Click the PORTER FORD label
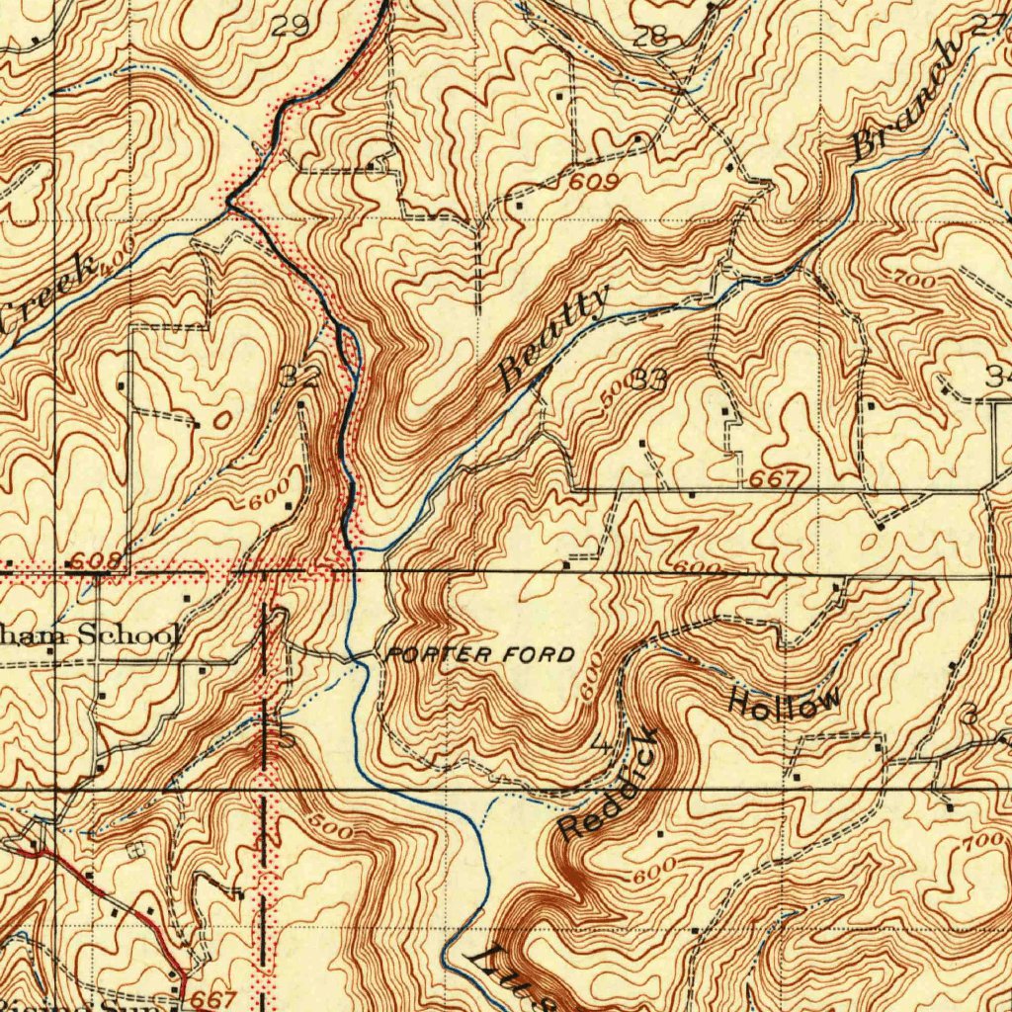pos(481,654)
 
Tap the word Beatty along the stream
pos(553,336)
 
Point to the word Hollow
pos(786,702)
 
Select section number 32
pos(299,377)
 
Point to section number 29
pos(290,27)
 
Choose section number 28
pos(650,39)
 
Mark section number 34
pos(998,376)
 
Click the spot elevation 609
pos(593,183)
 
